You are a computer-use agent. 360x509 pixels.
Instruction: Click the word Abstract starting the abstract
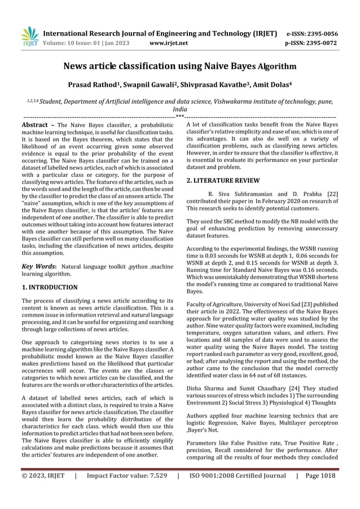[35, 124]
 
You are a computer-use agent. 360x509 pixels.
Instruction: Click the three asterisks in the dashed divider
[179, 117]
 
